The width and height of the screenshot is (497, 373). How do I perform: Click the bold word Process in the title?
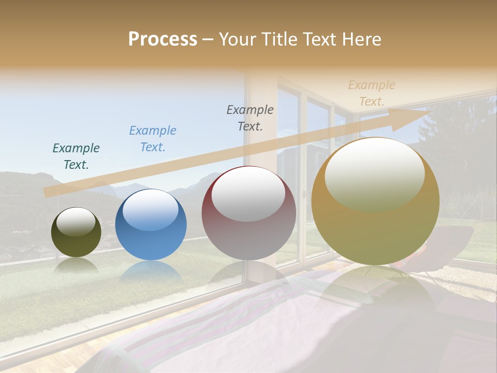[x=163, y=39]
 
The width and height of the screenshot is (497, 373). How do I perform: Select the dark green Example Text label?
[x=76, y=156]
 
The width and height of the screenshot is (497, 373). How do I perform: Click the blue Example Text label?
[x=153, y=139]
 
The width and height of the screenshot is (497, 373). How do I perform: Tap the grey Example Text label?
[x=250, y=118]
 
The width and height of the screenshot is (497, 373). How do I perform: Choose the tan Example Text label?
[x=371, y=93]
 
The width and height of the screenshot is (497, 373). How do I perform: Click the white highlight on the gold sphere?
[x=374, y=174]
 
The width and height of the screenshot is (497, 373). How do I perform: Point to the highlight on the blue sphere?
[x=150, y=209]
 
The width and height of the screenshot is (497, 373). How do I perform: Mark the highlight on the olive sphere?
[x=76, y=221]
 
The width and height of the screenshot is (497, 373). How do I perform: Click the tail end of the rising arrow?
[x=48, y=192]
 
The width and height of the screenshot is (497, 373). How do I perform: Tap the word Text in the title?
[x=319, y=39]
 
